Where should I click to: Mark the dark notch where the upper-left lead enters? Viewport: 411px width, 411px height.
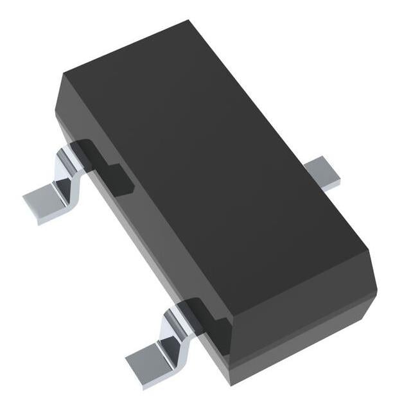103,164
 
